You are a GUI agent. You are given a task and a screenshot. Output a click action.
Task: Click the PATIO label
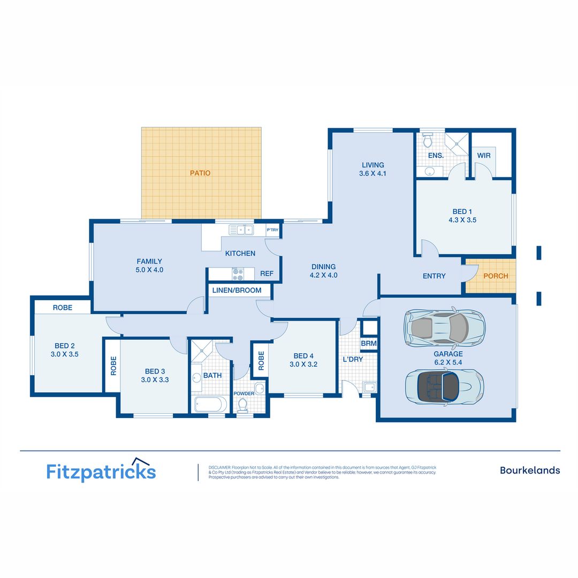click(x=200, y=173)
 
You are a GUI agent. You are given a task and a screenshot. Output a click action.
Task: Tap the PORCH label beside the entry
click(x=496, y=276)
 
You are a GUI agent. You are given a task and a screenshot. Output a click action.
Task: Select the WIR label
click(x=484, y=155)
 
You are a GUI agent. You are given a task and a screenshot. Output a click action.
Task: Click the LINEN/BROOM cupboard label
click(x=237, y=290)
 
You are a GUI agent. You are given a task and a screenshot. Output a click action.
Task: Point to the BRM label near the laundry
click(x=369, y=343)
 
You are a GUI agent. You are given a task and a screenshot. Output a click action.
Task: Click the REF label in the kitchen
click(x=267, y=273)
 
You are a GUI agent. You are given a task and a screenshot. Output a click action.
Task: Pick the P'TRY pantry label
click(x=273, y=230)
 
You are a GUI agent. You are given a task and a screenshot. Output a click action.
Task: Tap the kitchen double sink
click(x=241, y=230)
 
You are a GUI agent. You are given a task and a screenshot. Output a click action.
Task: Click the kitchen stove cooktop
click(x=237, y=274)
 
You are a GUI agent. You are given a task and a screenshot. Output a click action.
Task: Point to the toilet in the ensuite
click(x=427, y=141)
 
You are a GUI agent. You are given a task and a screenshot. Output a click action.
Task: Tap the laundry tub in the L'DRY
click(x=368, y=387)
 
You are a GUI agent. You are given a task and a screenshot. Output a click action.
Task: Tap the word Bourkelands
click(x=530, y=470)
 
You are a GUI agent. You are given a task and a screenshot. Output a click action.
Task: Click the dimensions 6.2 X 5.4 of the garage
click(x=448, y=362)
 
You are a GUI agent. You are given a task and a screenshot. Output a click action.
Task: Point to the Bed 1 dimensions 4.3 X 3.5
click(x=462, y=219)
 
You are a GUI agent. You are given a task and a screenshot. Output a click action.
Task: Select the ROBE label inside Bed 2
click(x=63, y=308)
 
